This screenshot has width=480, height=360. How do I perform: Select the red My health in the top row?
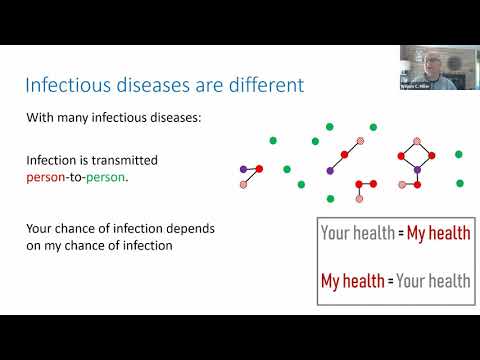coord(431,233)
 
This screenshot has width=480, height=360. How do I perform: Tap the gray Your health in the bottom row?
coord(432,280)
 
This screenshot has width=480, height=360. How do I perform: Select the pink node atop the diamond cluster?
coord(417,140)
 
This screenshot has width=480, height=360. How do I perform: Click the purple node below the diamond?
coord(417,171)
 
